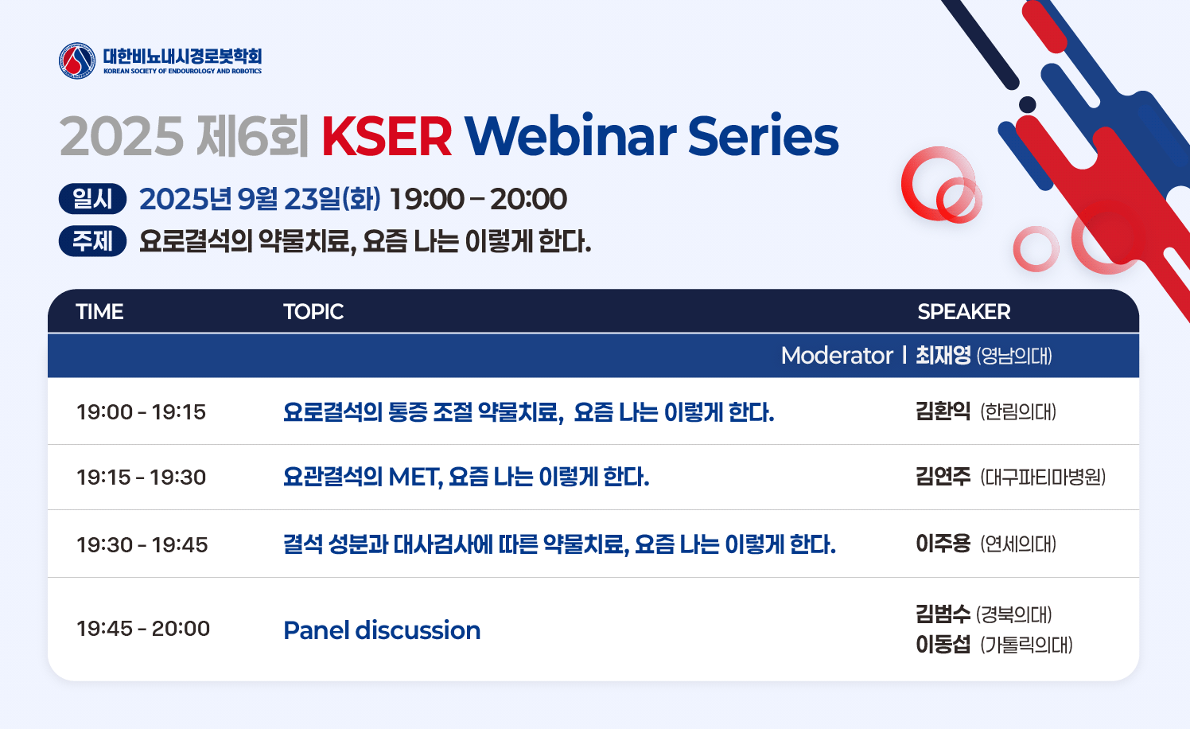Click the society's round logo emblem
pyautogui.click(x=77, y=60)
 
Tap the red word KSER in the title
pyautogui.click(x=387, y=137)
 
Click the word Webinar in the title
pyautogui.click(x=570, y=135)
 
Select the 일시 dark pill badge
pyautogui.click(x=92, y=199)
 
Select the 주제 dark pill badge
pyautogui.click(x=92, y=241)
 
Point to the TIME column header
pyautogui.click(x=100, y=312)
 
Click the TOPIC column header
pyautogui.click(x=313, y=312)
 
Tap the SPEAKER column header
pyautogui.click(x=963, y=312)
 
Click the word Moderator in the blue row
pyautogui.click(x=837, y=356)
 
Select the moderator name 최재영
pyautogui.click(x=943, y=356)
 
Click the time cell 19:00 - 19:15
pyautogui.click(x=142, y=411)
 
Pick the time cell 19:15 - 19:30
pyautogui.click(x=142, y=478)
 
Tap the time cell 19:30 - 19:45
pyautogui.click(x=142, y=544)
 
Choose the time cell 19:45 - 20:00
pyautogui.click(x=143, y=629)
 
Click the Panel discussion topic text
pyautogui.click(x=382, y=630)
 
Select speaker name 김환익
pyautogui.click(x=943, y=411)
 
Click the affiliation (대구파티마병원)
pyautogui.click(x=1043, y=478)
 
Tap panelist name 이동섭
pyautogui.click(x=943, y=645)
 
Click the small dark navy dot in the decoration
pyautogui.click(x=1028, y=105)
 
